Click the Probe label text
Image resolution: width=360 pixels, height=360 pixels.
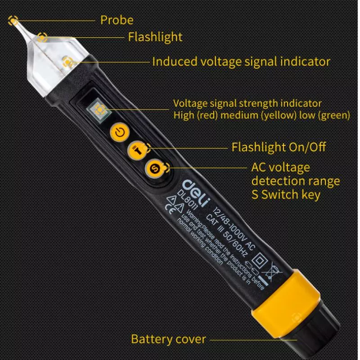click(117, 20)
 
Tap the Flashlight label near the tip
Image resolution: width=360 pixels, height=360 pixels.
click(155, 37)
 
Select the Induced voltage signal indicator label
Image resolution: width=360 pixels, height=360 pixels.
click(241, 62)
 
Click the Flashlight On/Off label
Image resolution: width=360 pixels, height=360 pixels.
click(279, 147)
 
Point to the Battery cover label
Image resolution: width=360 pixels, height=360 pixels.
click(168, 339)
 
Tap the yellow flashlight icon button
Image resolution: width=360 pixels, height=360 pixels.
click(137, 150)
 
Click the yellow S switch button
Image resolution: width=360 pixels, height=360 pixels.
click(155, 169)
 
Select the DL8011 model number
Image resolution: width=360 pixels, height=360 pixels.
click(187, 200)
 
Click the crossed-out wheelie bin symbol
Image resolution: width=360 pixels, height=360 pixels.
click(272, 271)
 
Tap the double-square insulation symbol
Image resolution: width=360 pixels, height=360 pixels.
click(260, 260)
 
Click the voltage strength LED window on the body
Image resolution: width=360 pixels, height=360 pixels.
click(99, 110)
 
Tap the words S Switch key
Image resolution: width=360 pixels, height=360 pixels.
click(286, 194)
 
